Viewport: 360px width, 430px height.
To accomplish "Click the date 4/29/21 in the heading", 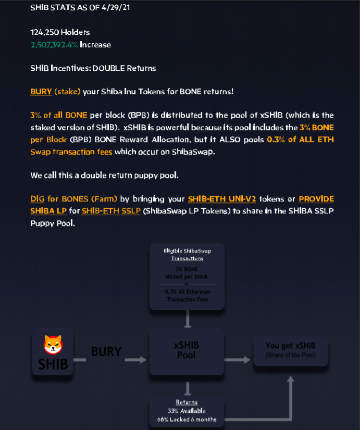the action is click(x=116, y=7).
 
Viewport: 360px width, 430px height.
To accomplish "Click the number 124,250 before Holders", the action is click(x=44, y=32).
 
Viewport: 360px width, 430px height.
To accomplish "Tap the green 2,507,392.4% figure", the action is click(x=54, y=45).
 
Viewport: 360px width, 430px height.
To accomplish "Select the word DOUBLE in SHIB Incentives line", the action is click(x=108, y=68).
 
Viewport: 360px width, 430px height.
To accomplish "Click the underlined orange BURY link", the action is click(x=41, y=92).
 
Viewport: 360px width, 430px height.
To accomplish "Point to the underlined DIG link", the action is click(x=38, y=199).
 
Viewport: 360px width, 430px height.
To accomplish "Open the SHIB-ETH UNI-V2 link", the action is click(x=222, y=199).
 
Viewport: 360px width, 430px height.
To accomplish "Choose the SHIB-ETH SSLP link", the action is click(x=111, y=211).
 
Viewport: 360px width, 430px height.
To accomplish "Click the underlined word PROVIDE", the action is click(x=316, y=199).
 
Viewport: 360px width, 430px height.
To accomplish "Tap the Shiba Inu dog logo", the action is click(x=53, y=345).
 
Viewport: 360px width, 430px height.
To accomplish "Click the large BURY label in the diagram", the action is click(x=106, y=351).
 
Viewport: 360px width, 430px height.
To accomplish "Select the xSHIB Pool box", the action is click(x=187, y=351).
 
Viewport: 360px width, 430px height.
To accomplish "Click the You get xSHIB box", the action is click(x=291, y=351).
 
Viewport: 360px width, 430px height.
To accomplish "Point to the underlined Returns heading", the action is click(x=187, y=402).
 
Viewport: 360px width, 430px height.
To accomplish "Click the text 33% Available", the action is click(x=187, y=411).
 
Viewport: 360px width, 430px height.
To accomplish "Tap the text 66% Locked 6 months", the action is click(x=187, y=419).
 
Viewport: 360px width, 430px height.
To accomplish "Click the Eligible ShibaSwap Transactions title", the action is click(x=187, y=255).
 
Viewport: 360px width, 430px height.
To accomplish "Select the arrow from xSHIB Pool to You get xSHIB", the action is click(x=237, y=360).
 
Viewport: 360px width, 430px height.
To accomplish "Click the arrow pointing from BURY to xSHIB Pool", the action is click(x=135, y=360).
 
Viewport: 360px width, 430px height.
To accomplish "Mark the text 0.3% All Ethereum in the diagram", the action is click(x=188, y=292).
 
